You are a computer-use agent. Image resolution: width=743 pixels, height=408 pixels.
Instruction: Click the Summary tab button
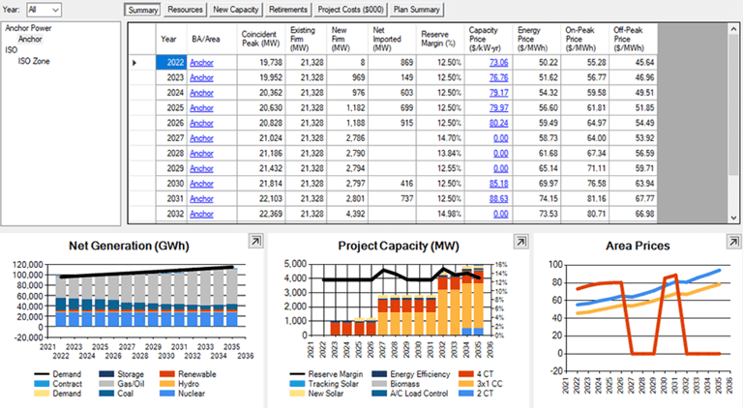141,10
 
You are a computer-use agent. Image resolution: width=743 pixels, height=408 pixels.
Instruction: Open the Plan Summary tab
416,10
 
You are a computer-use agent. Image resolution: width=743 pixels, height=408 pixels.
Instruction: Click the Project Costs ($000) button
349,10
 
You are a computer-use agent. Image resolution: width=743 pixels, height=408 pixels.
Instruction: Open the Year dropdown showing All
44,9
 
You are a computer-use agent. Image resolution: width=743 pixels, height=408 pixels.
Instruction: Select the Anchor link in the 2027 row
200,138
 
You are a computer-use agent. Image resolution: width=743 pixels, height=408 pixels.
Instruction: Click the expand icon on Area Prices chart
725,241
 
